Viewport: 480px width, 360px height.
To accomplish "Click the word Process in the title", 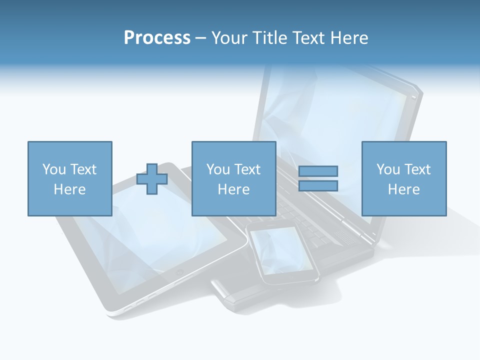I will pos(157,38).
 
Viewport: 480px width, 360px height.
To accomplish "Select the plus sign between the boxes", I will pos(152,179).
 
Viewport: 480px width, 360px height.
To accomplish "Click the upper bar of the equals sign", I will pos(318,171).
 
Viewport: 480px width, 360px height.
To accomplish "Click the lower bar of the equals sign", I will pos(318,186).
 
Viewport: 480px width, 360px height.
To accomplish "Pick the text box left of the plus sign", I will pos(69,178).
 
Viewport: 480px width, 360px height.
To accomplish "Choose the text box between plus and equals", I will pos(233,178).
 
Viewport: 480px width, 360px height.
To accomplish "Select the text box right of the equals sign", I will pos(403,178).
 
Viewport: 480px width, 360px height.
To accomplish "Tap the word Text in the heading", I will pos(309,38).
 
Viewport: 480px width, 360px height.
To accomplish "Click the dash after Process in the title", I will pos(200,38).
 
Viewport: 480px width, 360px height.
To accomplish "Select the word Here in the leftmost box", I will pos(69,189).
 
